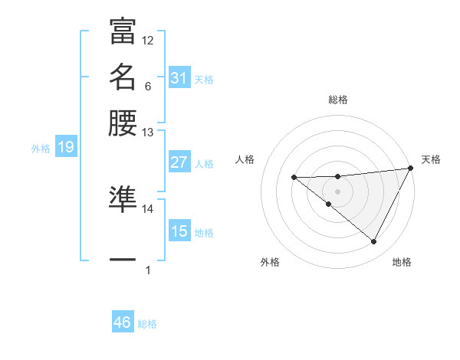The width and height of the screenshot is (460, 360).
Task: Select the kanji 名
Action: [123, 77]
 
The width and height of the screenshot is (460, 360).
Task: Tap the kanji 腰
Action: [123, 123]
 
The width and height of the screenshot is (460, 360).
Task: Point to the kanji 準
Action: [123, 198]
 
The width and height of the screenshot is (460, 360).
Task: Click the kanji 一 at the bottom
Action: [123, 260]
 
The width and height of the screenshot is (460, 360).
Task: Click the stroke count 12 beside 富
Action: [148, 40]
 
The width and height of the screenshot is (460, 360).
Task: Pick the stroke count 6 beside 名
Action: [147, 86]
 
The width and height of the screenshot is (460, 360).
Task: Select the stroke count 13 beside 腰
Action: [148, 133]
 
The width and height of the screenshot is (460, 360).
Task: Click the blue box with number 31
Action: [179, 78]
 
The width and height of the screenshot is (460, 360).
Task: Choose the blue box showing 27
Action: [179, 162]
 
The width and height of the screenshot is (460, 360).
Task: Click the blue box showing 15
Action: [179, 231]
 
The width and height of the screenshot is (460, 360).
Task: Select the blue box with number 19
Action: [66, 148]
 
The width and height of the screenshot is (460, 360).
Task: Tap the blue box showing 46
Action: [123, 322]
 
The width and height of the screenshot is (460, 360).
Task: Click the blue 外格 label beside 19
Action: [41, 149]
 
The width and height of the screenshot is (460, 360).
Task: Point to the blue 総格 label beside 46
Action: [147, 324]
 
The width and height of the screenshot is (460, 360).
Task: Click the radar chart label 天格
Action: [431, 159]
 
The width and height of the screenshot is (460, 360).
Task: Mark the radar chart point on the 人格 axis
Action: [294, 178]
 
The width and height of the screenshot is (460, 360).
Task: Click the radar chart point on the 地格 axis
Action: [374, 241]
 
